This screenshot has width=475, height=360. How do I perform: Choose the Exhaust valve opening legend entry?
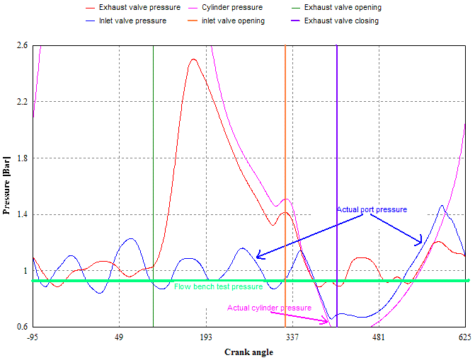point(343,8)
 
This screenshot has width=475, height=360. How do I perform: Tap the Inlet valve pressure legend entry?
point(132,21)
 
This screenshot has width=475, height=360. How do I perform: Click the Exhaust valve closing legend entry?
point(341,21)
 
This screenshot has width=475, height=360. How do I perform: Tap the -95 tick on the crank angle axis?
point(33,337)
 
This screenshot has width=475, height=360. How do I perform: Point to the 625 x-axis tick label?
point(465,337)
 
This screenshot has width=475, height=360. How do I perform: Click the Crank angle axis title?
point(248,352)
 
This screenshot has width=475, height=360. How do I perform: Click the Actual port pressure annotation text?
point(372,210)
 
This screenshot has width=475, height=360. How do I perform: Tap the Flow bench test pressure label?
point(218,286)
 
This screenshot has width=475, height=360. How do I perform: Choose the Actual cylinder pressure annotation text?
point(269,308)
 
